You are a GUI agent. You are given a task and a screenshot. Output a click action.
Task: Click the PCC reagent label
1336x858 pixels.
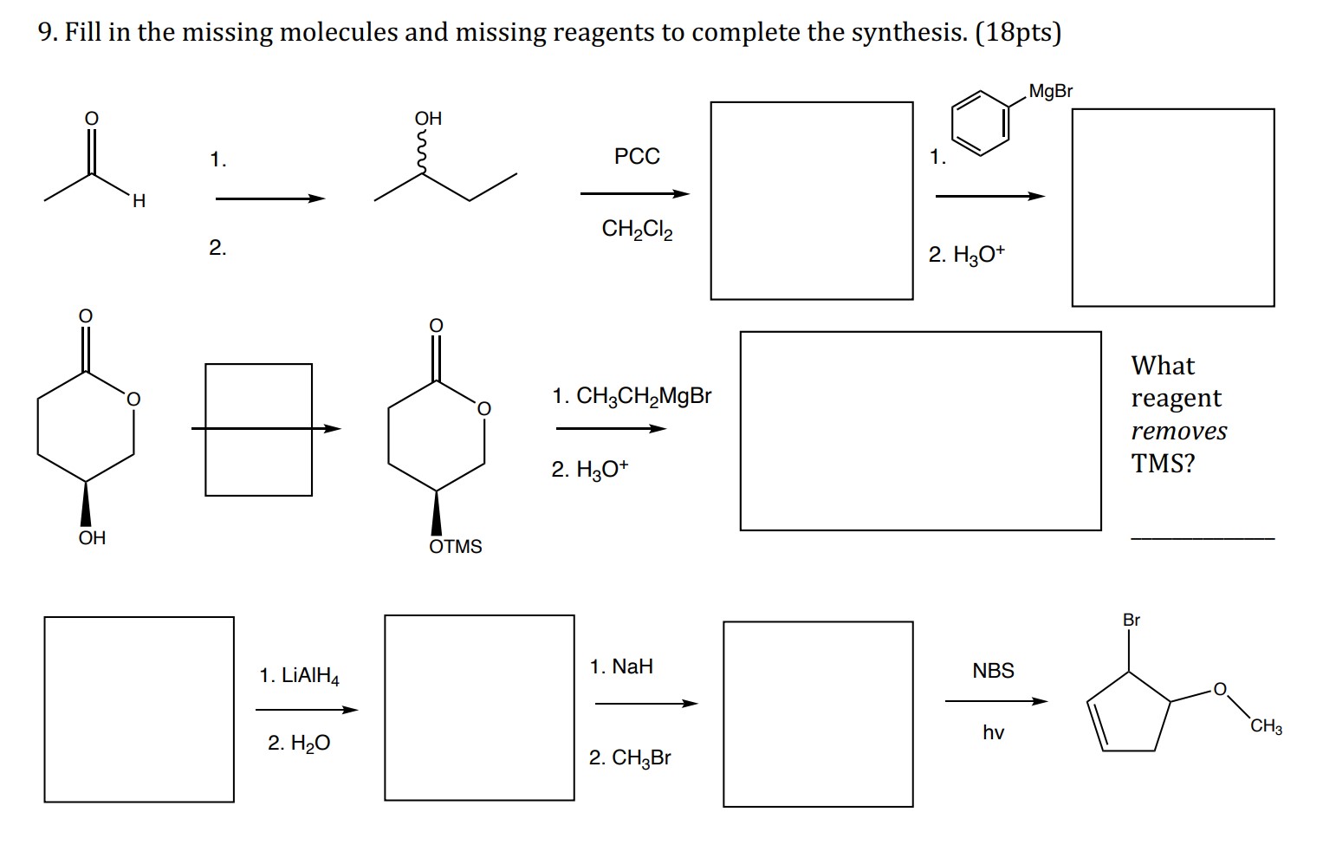pos(637,157)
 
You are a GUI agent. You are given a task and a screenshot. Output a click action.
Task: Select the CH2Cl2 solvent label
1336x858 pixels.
pos(637,230)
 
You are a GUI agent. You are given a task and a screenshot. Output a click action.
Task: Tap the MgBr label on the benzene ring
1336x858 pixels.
pos(1050,91)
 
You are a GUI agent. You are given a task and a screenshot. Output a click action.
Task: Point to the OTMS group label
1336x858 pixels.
pos(456,547)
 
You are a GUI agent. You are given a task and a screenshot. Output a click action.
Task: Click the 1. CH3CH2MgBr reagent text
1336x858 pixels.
pos(632,397)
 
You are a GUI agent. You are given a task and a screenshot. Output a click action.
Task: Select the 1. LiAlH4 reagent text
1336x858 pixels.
pos(300,676)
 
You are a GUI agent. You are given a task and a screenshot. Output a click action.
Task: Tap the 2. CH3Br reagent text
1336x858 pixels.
pos(630,758)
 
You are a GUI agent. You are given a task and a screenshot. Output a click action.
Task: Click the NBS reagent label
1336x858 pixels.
pos(993,671)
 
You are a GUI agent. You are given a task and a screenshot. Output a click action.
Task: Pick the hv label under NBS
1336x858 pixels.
pos(993,733)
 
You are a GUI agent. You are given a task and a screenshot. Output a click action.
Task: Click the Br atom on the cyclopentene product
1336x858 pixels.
pos(1132,621)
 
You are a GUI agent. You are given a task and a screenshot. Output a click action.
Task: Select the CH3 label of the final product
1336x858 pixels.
pos(1266,727)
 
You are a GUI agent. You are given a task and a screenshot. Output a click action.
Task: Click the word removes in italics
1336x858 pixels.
pos(1179,431)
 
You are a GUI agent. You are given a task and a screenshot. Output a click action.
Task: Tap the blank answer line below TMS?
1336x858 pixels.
pos(1203,539)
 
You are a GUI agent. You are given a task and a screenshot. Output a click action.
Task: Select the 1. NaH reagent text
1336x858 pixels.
pos(621,667)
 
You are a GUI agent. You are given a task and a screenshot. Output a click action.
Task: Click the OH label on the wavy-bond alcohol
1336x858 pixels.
pos(428,119)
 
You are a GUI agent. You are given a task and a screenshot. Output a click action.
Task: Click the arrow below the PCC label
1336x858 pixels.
pos(634,194)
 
